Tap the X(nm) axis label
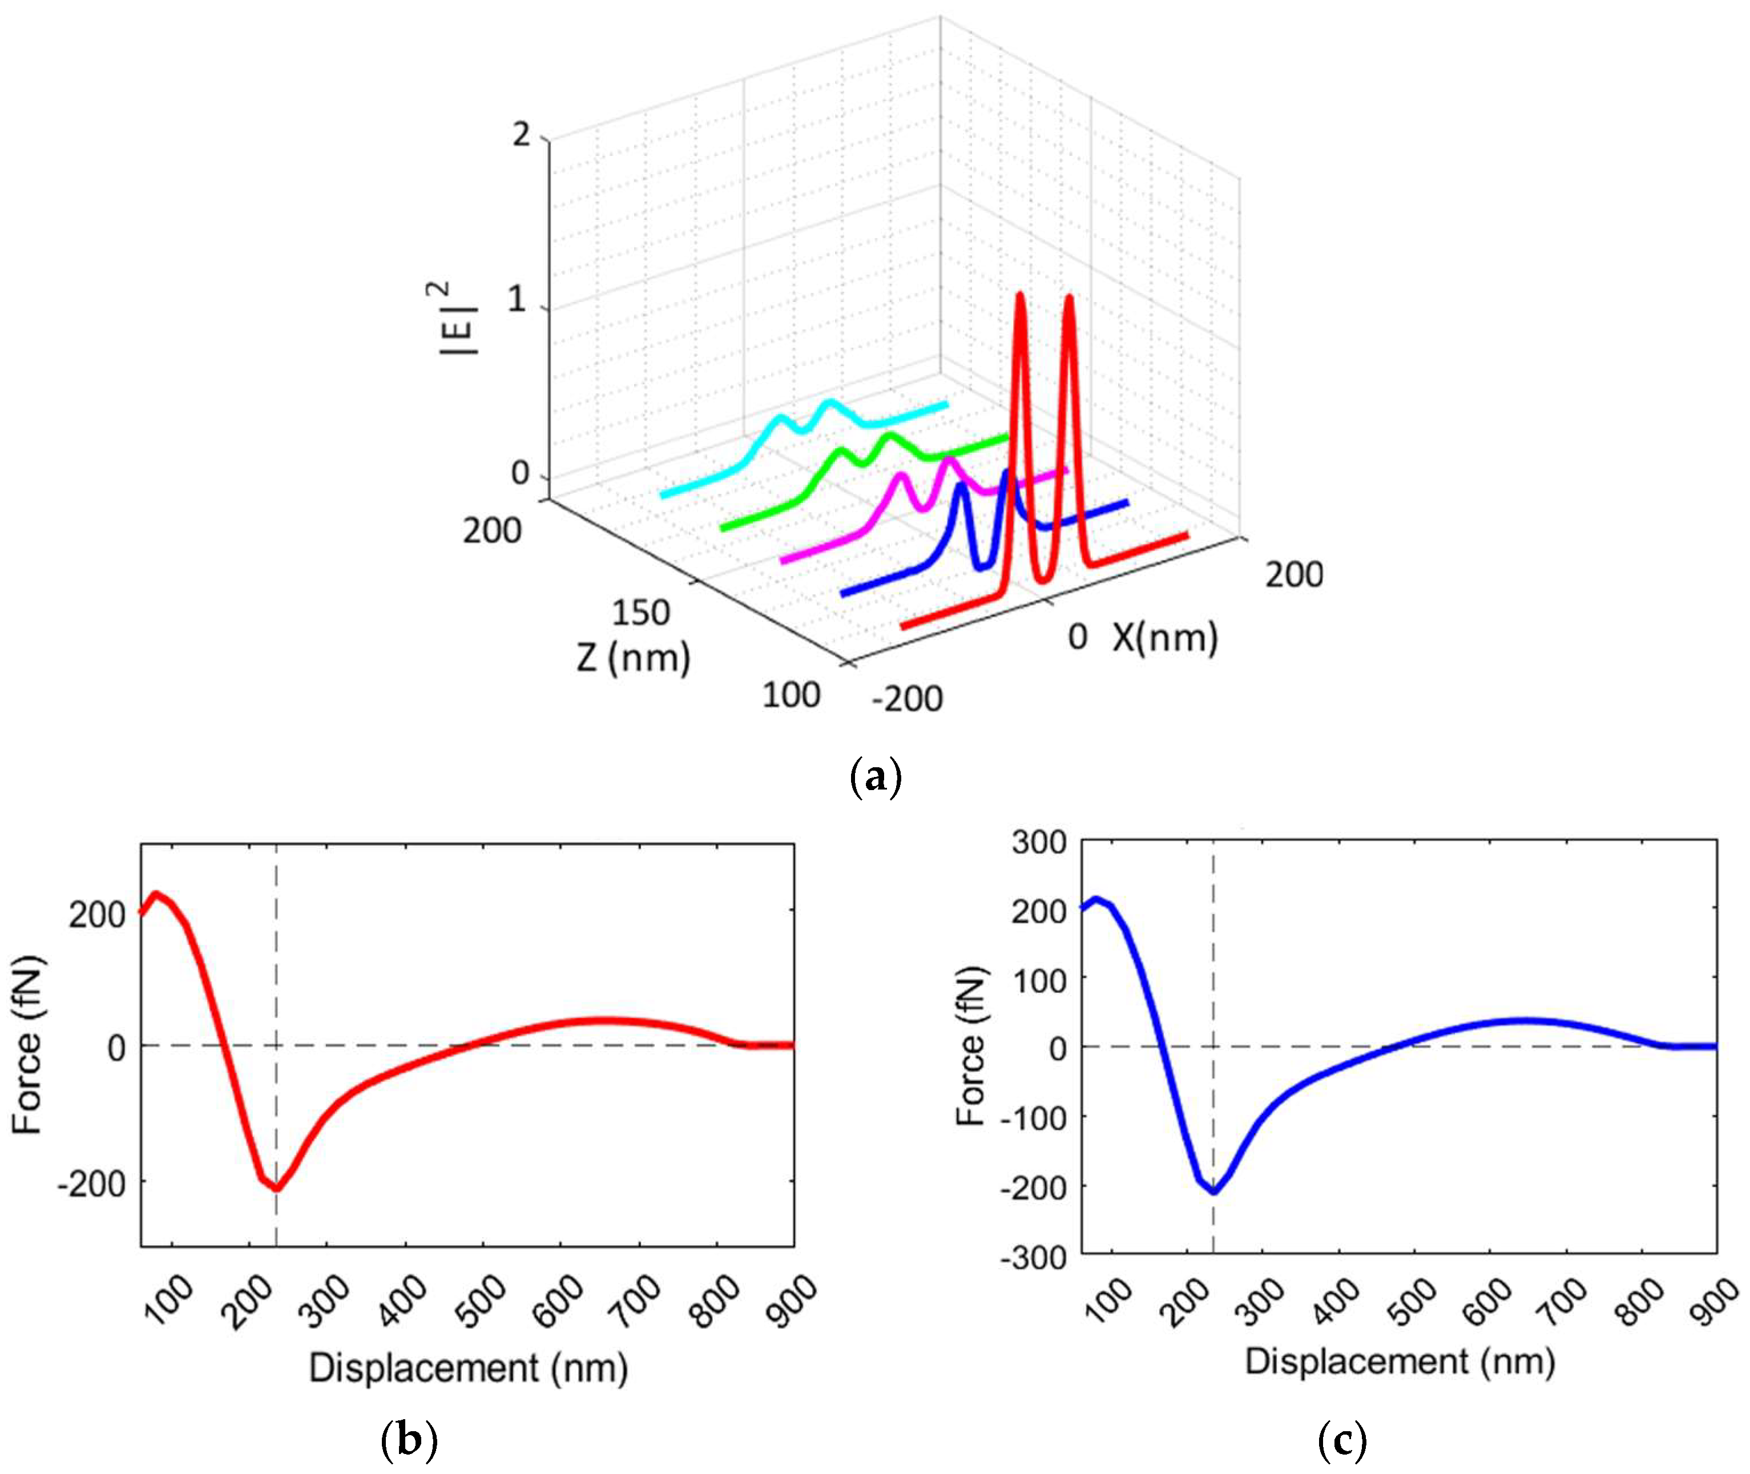point(1164,638)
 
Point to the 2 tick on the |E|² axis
point(521,134)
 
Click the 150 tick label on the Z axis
point(640,613)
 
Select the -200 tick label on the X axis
point(907,698)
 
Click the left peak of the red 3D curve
point(1019,297)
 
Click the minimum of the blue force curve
point(1213,1191)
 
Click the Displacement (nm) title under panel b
point(468,1368)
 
